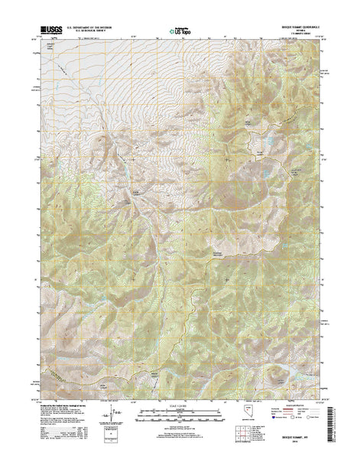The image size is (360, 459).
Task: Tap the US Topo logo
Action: pyautogui.click(x=181, y=33)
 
